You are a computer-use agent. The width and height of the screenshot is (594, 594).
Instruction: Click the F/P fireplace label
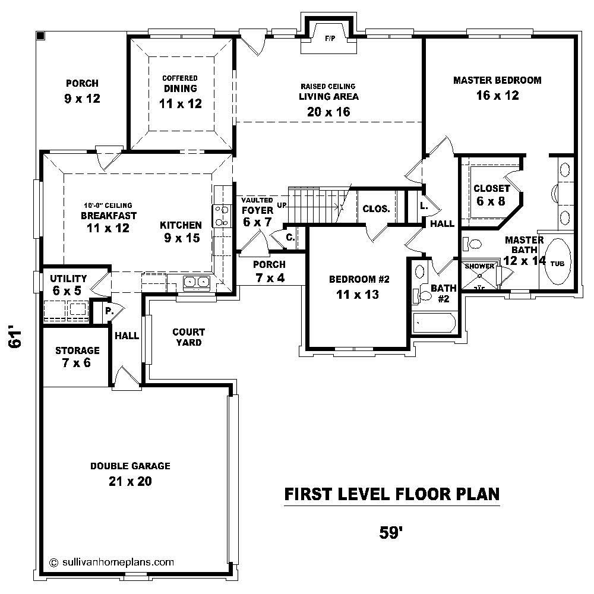coord(330,39)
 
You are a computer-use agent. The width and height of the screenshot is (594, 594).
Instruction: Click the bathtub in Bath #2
coord(435,324)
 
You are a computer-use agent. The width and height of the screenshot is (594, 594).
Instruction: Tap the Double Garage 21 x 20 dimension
coord(130,481)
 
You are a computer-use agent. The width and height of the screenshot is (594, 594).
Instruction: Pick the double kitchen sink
coord(196,282)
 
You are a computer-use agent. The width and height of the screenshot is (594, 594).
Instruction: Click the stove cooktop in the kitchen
coord(222,216)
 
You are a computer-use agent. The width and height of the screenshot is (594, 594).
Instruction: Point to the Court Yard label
coord(189,337)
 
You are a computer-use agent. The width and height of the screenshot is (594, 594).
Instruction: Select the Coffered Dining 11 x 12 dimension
coord(181,103)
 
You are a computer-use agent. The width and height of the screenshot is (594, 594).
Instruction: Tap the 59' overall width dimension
coord(391,532)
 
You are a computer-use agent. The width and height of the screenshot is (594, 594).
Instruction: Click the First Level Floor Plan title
coord(392,494)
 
